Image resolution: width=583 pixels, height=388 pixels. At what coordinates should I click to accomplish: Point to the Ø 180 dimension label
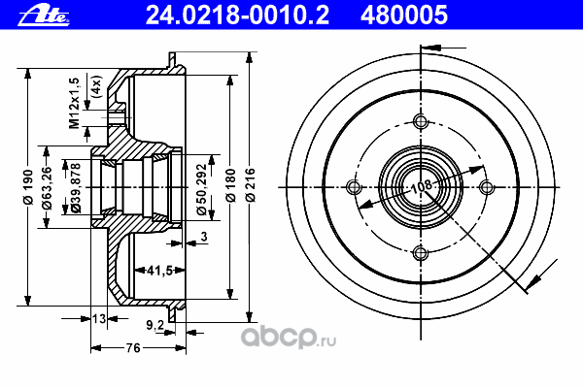click(229, 184)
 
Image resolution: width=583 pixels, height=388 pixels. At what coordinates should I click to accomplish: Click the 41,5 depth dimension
click(147, 270)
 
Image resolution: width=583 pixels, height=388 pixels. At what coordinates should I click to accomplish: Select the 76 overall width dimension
click(133, 347)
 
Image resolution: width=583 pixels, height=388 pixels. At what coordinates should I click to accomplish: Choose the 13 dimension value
click(100, 317)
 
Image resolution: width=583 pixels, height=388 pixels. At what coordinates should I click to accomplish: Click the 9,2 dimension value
click(154, 326)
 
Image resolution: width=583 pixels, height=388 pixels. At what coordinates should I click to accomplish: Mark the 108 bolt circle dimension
click(420, 186)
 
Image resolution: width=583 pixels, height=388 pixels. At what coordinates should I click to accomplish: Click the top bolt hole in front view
click(420, 121)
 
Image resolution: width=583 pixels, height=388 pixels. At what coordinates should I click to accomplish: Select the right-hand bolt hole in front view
click(486, 187)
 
